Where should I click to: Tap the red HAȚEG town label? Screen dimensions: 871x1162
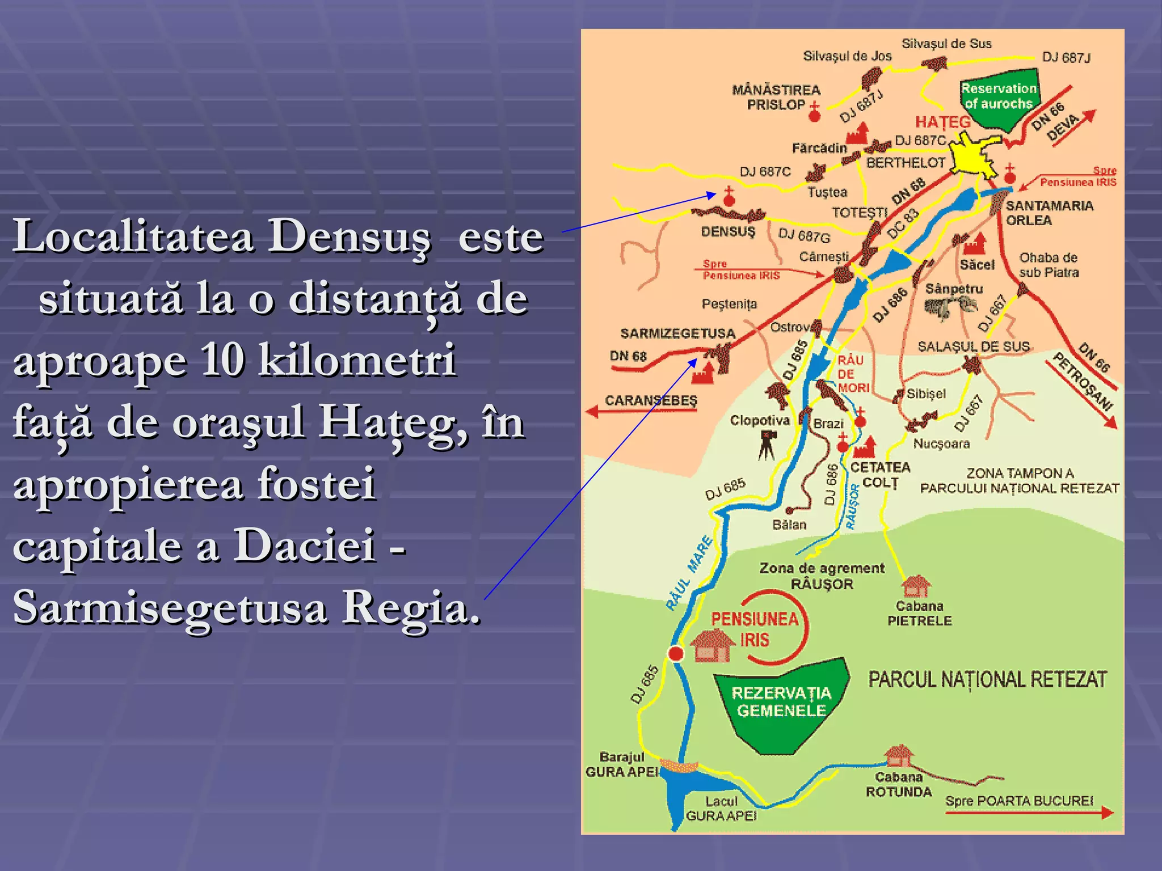tap(942, 122)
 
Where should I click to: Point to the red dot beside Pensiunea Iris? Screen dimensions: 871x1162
tap(676, 654)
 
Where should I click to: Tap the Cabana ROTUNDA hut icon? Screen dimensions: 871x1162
tap(899, 756)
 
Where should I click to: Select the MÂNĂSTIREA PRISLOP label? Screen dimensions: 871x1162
tap(776, 97)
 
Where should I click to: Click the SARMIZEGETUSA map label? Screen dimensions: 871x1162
tap(677, 333)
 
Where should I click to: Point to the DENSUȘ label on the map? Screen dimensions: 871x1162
tap(728, 232)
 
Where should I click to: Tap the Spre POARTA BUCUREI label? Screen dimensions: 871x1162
tap(1019, 801)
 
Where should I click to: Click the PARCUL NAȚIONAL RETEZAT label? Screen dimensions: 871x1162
tap(987, 679)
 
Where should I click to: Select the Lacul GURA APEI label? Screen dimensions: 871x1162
tap(721, 809)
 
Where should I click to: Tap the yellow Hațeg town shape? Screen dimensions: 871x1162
tap(974, 153)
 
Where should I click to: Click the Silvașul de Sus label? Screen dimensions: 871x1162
tap(946, 44)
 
